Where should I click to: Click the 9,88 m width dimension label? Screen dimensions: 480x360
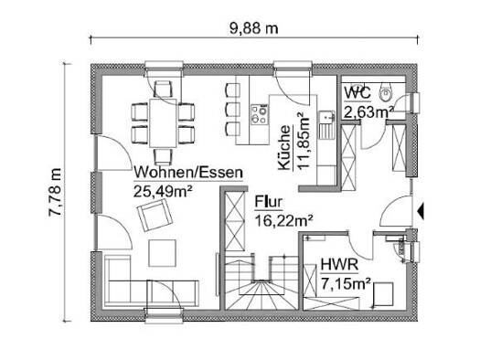pyautogui.click(x=254, y=28)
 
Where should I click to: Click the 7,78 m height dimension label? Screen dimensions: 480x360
pyautogui.click(x=56, y=192)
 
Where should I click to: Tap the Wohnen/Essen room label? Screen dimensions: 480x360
pyautogui.click(x=188, y=172)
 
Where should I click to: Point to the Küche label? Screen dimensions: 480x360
pyautogui.click(x=284, y=147)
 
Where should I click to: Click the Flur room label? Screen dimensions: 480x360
pyautogui.click(x=268, y=202)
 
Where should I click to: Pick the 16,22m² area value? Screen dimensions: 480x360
pyautogui.click(x=283, y=220)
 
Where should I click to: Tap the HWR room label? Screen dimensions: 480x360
pyautogui.click(x=339, y=264)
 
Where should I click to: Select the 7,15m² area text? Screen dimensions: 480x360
pyautogui.click(x=346, y=284)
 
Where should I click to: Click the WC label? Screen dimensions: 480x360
pyautogui.click(x=357, y=92)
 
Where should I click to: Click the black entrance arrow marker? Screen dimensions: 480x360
pyautogui.click(x=421, y=211)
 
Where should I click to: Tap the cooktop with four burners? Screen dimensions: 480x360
pyautogui.click(x=260, y=114)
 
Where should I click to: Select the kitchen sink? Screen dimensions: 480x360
pyautogui.click(x=327, y=125)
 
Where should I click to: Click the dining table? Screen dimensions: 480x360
pyautogui.click(x=163, y=123)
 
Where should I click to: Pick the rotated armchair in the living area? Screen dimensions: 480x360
pyautogui.click(x=155, y=215)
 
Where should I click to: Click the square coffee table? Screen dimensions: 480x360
pyautogui.click(x=162, y=253)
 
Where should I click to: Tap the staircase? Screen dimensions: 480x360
pyautogui.click(x=261, y=281)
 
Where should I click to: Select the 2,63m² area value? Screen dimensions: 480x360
pyautogui.click(x=368, y=112)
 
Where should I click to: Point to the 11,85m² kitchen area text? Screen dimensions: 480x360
pyautogui.click(x=304, y=141)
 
